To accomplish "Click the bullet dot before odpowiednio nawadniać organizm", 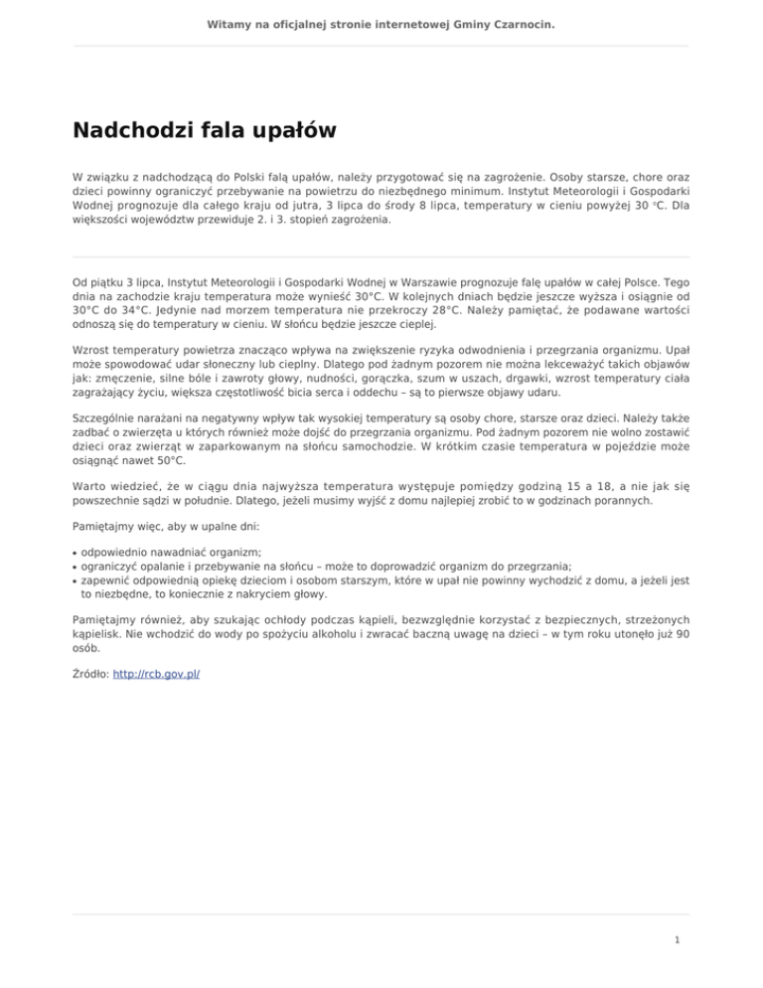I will coord(76,552).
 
